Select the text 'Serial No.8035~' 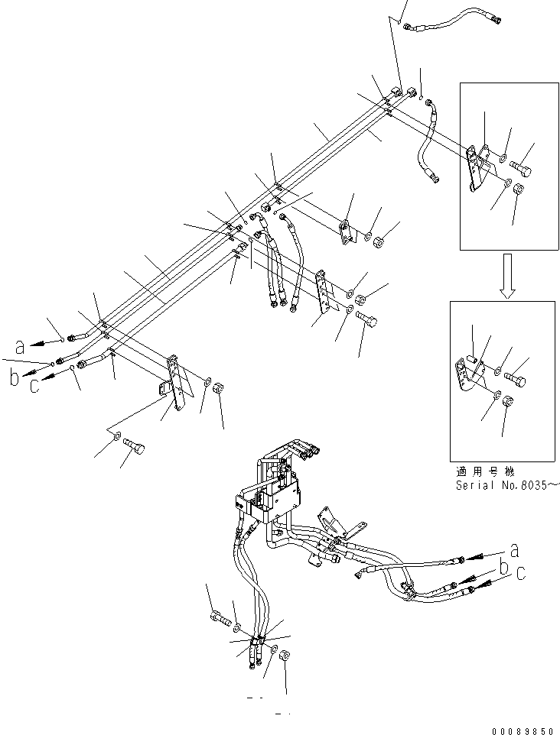(508, 484)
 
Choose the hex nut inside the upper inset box (518, 190)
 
